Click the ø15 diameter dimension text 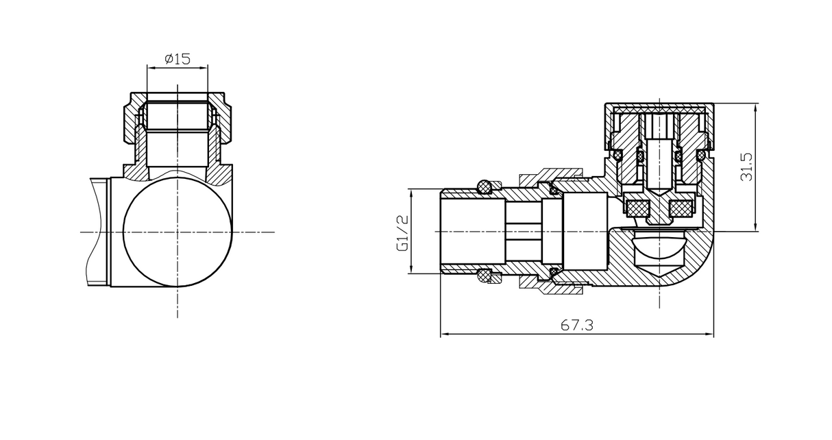(177, 58)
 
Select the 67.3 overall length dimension (576, 326)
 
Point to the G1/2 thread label (402, 232)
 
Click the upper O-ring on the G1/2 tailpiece (485, 186)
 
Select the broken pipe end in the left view (97, 232)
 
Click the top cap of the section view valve (659, 108)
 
